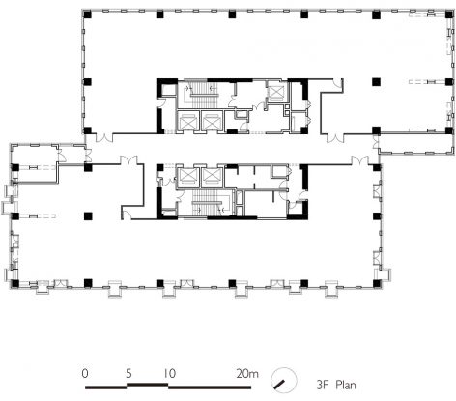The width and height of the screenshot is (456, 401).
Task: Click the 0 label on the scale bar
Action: [85, 374]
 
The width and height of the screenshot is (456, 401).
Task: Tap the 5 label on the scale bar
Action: [128, 374]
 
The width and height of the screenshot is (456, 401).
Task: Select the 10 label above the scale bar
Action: [170, 374]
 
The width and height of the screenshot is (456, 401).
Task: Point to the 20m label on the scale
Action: [247, 374]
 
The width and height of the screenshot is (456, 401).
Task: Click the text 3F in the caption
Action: [323, 385]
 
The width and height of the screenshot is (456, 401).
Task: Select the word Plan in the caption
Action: [346, 385]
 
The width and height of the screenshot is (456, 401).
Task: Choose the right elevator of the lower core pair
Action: [212, 177]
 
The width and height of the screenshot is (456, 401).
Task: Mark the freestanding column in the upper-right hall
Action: [376, 82]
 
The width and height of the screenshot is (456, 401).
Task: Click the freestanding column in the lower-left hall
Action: [88, 215]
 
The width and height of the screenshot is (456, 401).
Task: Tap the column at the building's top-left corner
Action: [88, 14]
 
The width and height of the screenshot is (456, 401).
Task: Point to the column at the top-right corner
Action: [449, 14]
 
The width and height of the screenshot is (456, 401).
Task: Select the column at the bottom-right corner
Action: [377, 283]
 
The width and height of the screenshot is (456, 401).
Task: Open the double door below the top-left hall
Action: [105, 137]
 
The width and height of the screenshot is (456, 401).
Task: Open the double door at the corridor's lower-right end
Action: [360, 160]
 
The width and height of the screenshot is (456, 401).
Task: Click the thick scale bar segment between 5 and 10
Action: [148, 384]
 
